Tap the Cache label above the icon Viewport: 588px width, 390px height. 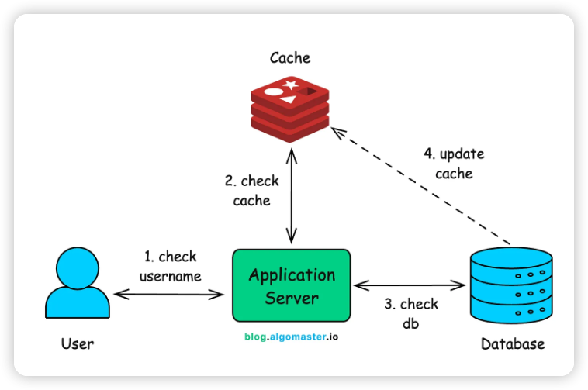(290, 58)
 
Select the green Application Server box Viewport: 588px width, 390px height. (292, 285)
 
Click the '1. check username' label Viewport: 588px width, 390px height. (171, 266)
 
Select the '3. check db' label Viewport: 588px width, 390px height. (410, 313)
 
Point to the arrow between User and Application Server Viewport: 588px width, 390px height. (170, 293)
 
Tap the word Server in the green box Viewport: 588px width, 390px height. (292, 298)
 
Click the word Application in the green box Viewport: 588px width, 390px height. (292, 275)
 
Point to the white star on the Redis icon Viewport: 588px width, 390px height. (291, 84)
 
